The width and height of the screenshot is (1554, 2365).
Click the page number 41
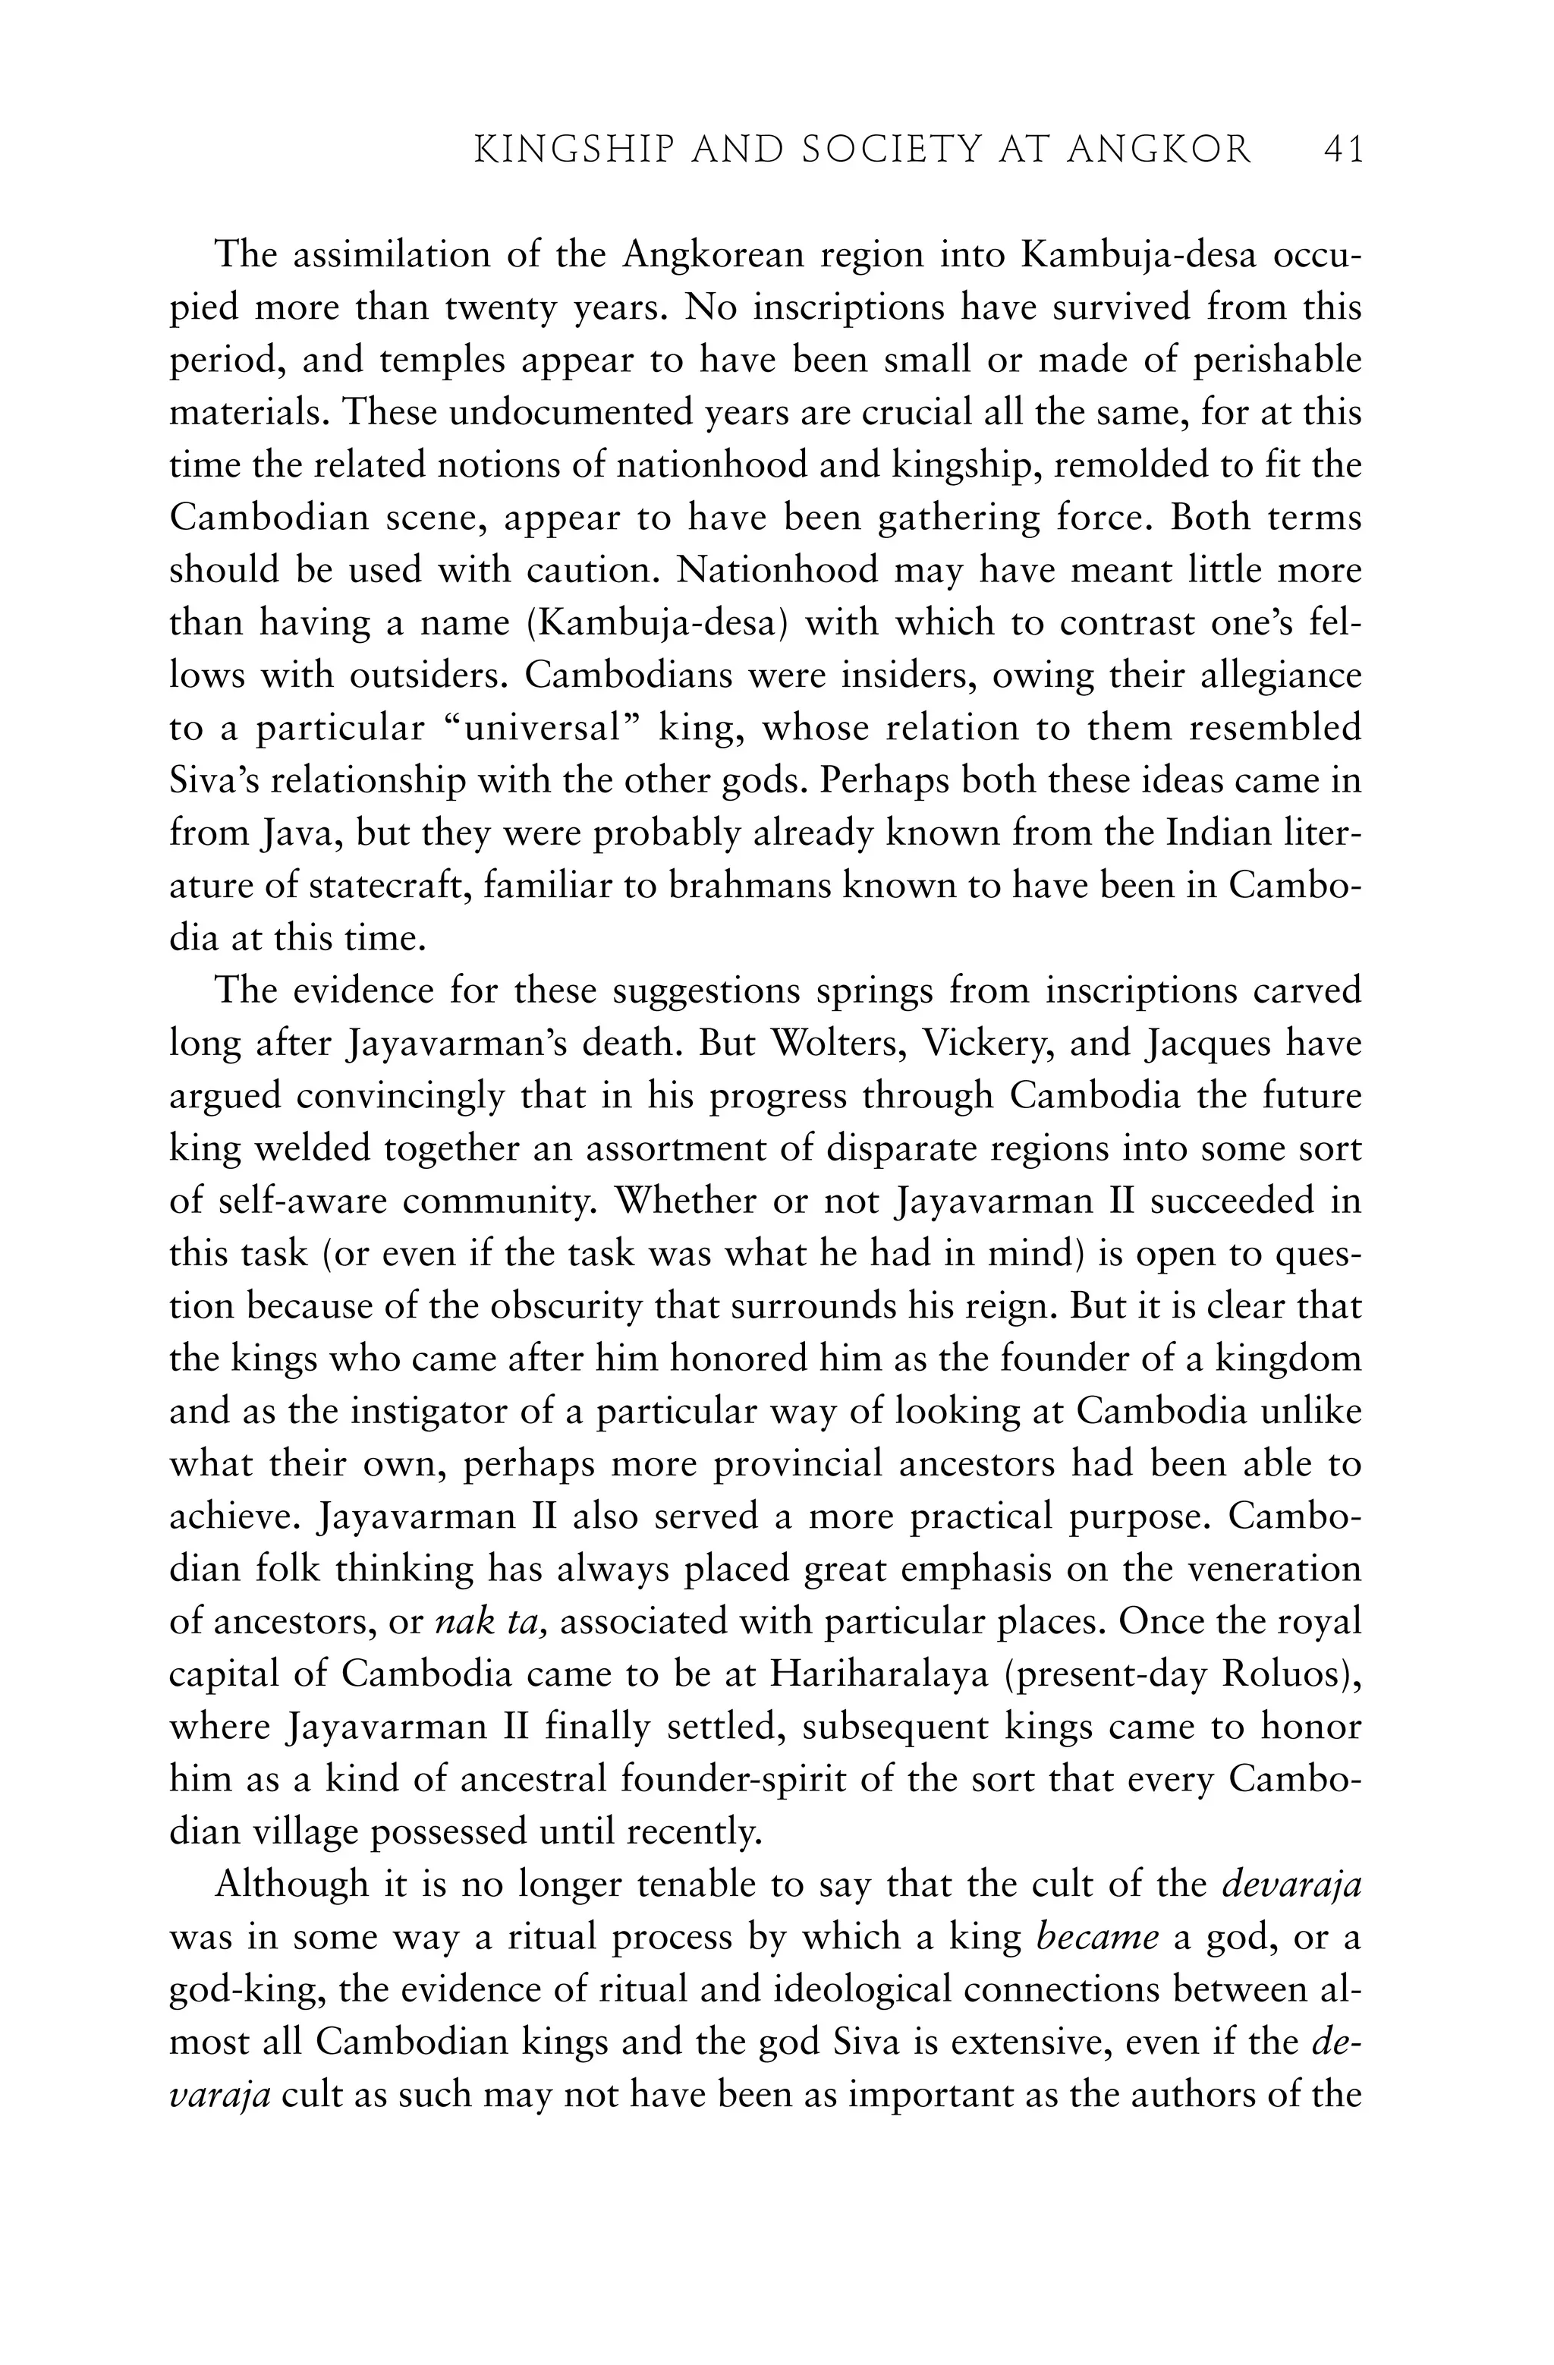1342,150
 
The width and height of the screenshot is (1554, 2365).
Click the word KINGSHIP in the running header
562,150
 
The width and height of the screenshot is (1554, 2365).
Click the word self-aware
293,1202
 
